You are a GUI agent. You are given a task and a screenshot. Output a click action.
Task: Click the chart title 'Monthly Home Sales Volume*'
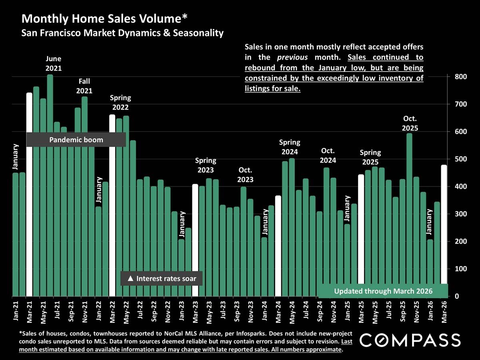coord(104,19)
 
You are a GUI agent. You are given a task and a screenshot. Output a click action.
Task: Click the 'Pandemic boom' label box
coord(76,140)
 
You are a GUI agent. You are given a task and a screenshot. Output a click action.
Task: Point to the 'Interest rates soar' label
coord(162,278)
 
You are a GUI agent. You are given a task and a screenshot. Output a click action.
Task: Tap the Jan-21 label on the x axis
coord(16,312)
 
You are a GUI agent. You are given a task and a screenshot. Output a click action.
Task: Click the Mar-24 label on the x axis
coord(278,312)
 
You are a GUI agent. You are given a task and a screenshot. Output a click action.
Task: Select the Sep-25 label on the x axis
coord(402,312)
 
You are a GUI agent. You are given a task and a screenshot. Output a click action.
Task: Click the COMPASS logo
coord(410,340)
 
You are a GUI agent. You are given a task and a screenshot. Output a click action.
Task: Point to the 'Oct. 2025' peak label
coord(410,123)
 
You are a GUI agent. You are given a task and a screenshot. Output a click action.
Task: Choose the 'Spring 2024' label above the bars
coord(289,147)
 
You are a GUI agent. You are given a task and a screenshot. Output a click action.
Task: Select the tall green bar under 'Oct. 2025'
coord(409,216)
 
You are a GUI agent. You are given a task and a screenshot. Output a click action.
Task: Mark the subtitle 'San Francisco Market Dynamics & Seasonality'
coord(122,33)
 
